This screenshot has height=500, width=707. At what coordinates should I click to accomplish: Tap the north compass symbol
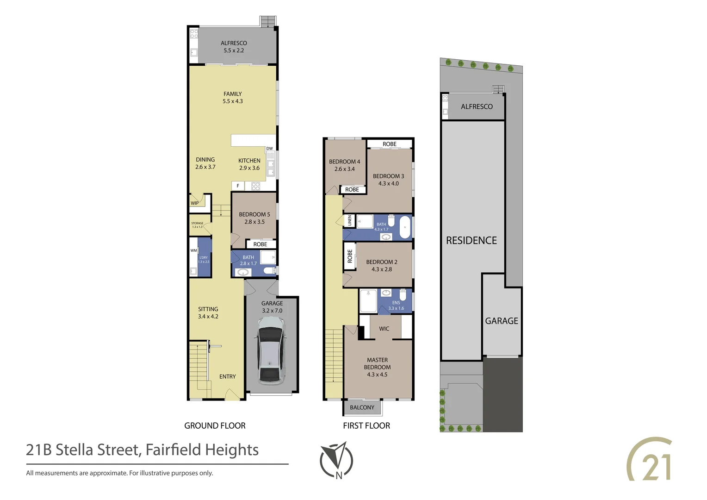click(x=336, y=460)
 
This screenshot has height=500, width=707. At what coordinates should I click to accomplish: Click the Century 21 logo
click(x=650, y=460)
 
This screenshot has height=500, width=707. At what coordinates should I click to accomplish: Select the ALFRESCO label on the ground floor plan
click(x=234, y=43)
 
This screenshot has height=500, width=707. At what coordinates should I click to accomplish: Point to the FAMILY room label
click(x=233, y=94)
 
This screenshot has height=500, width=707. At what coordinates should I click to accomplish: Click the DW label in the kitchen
click(x=270, y=149)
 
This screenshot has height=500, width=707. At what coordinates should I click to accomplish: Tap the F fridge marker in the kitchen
click(x=238, y=186)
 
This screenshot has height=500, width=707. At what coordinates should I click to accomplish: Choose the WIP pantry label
click(x=195, y=203)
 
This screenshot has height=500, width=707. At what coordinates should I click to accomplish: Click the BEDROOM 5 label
click(x=254, y=214)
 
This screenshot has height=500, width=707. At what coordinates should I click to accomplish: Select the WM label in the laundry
click(x=193, y=250)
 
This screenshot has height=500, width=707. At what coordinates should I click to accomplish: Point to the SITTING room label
click(x=208, y=309)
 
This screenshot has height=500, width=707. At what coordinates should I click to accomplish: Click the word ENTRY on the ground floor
click(x=227, y=376)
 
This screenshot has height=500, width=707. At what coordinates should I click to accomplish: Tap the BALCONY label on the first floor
click(x=362, y=407)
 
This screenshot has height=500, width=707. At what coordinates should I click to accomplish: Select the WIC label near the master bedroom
click(x=384, y=329)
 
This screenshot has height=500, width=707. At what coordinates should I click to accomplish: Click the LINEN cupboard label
click(x=350, y=221)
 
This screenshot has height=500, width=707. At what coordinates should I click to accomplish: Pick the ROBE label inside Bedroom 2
click(x=350, y=256)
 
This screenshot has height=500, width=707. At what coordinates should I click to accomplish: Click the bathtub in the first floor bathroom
click(x=405, y=227)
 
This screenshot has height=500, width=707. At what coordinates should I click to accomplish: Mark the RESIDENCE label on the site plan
click(x=471, y=240)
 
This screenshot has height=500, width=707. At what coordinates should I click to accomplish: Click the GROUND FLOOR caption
click(x=215, y=425)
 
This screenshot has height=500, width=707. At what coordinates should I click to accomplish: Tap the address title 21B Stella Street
click(x=142, y=450)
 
